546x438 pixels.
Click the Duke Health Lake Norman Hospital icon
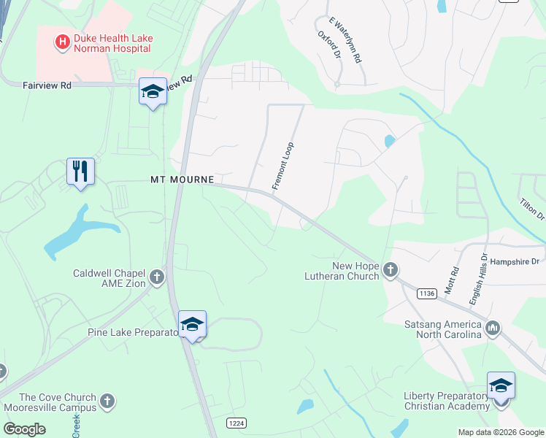tap(63, 42)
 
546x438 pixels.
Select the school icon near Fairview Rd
tap(153, 92)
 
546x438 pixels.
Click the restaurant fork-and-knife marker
tap(80, 172)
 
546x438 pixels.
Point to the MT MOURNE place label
tap(182, 179)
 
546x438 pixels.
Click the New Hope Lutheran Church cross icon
tap(391, 269)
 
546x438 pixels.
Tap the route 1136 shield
tap(427, 293)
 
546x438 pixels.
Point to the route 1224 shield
tap(236, 423)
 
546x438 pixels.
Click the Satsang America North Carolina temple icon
tap(493, 328)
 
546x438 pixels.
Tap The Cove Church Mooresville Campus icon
tap(107, 401)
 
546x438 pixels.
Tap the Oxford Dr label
tap(329, 44)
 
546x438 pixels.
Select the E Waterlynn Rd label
tap(346, 41)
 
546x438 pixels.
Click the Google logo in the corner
tap(24, 429)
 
